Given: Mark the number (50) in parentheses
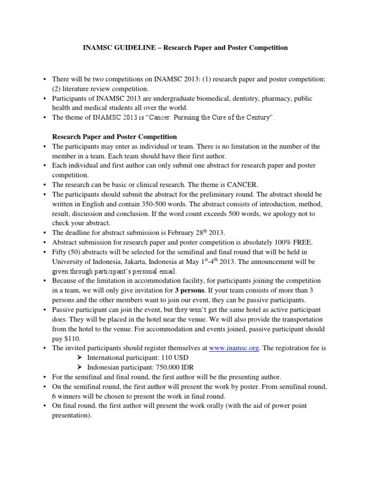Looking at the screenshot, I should [76, 252].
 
